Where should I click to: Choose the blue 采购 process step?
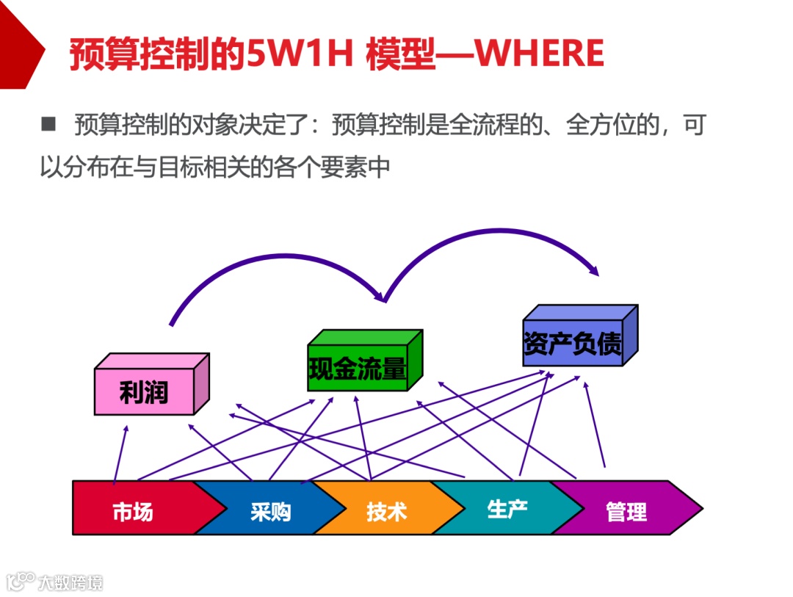(270, 510)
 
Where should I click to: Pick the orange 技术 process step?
(386, 510)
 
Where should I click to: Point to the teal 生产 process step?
(507, 508)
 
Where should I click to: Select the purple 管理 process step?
(626, 510)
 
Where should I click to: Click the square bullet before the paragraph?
(48, 124)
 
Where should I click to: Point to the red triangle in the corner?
(18, 44)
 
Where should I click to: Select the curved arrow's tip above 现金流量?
(382, 298)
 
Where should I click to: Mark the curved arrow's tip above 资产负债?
(596, 272)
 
